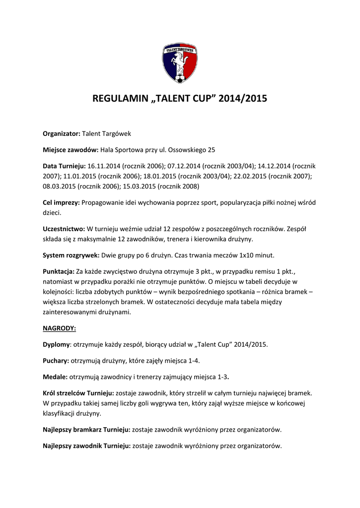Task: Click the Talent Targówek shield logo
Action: tap(180, 63)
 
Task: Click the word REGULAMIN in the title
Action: tap(119, 99)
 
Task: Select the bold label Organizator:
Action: tap(62, 133)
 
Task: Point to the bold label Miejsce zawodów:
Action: tap(71, 149)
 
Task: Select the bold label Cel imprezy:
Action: tap(61, 202)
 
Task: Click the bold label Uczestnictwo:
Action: tap(64, 229)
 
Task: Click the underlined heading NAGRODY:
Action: tap(59, 328)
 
